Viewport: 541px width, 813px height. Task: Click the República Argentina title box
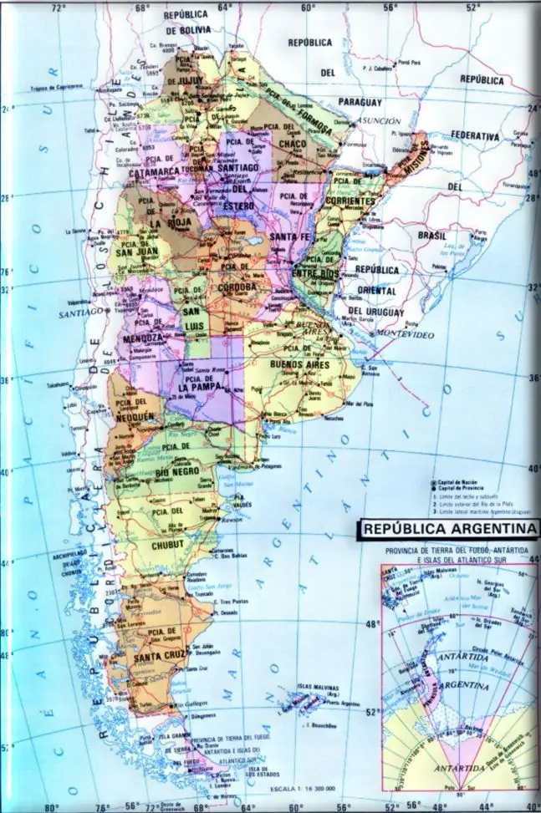(448, 529)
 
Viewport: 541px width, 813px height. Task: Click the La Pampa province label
(198, 388)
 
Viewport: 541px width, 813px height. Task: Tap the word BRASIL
(432, 236)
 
